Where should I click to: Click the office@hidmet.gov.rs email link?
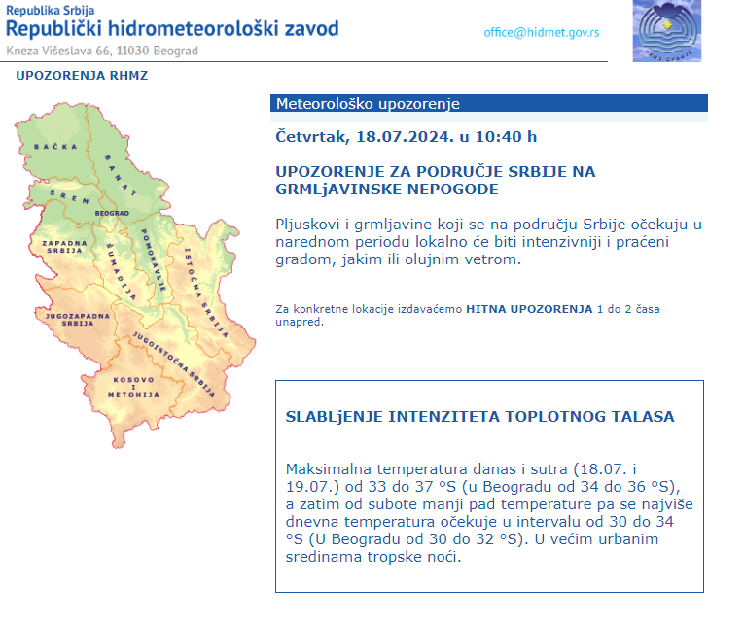point(541,32)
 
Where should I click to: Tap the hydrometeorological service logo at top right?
point(666,30)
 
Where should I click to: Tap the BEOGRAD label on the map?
point(112,213)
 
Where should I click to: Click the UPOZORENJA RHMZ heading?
point(82,75)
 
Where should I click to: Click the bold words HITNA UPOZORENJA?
point(529,309)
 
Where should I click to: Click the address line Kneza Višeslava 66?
point(68,51)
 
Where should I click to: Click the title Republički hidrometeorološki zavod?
point(173,28)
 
